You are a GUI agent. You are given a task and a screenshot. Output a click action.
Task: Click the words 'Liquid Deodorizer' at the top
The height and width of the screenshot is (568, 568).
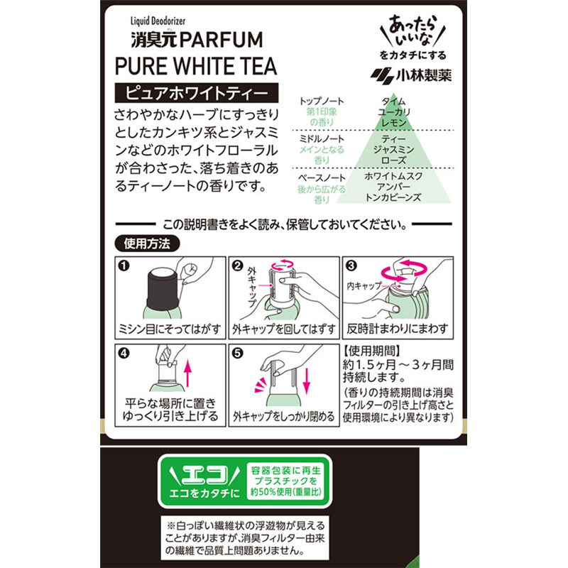coord(158,21)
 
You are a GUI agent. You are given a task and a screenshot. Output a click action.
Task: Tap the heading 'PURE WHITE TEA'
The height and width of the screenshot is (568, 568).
coord(196,66)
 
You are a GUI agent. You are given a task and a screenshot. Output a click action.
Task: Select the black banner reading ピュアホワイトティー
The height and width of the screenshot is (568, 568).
coord(197,93)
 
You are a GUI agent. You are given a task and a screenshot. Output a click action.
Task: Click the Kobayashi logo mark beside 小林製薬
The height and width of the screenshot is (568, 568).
coord(382,76)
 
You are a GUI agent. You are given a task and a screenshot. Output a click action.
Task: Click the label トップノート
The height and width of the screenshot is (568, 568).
coord(322,102)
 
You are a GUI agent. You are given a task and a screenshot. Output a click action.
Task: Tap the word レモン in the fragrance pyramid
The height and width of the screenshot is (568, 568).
coord(394,123)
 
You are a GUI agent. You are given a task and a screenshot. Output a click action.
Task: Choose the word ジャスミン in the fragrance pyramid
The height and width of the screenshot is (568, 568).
coord(394,149)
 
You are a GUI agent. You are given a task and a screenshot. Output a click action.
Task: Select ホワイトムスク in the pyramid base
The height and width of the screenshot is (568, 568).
coord(394,176)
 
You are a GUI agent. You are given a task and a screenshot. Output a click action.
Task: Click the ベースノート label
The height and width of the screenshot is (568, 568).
coord(322,178)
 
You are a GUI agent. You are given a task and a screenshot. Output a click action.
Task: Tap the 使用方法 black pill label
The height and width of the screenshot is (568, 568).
coord(147,244)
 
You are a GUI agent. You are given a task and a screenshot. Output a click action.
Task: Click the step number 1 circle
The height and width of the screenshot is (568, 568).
coord(124,266)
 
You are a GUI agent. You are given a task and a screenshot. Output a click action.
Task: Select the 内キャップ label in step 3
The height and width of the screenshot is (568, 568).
coord(364,286)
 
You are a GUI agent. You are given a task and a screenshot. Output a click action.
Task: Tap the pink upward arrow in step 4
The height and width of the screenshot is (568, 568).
coord(187,373)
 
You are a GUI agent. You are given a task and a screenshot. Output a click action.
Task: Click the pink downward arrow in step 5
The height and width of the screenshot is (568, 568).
coord(307,381)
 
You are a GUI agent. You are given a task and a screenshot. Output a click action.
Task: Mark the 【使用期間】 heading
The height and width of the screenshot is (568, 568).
coord(372,351)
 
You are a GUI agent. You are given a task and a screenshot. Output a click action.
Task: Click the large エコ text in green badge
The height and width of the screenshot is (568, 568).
coord(205,475)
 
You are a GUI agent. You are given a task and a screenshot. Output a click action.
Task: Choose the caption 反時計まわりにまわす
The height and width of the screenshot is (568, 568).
coord(398,329)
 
